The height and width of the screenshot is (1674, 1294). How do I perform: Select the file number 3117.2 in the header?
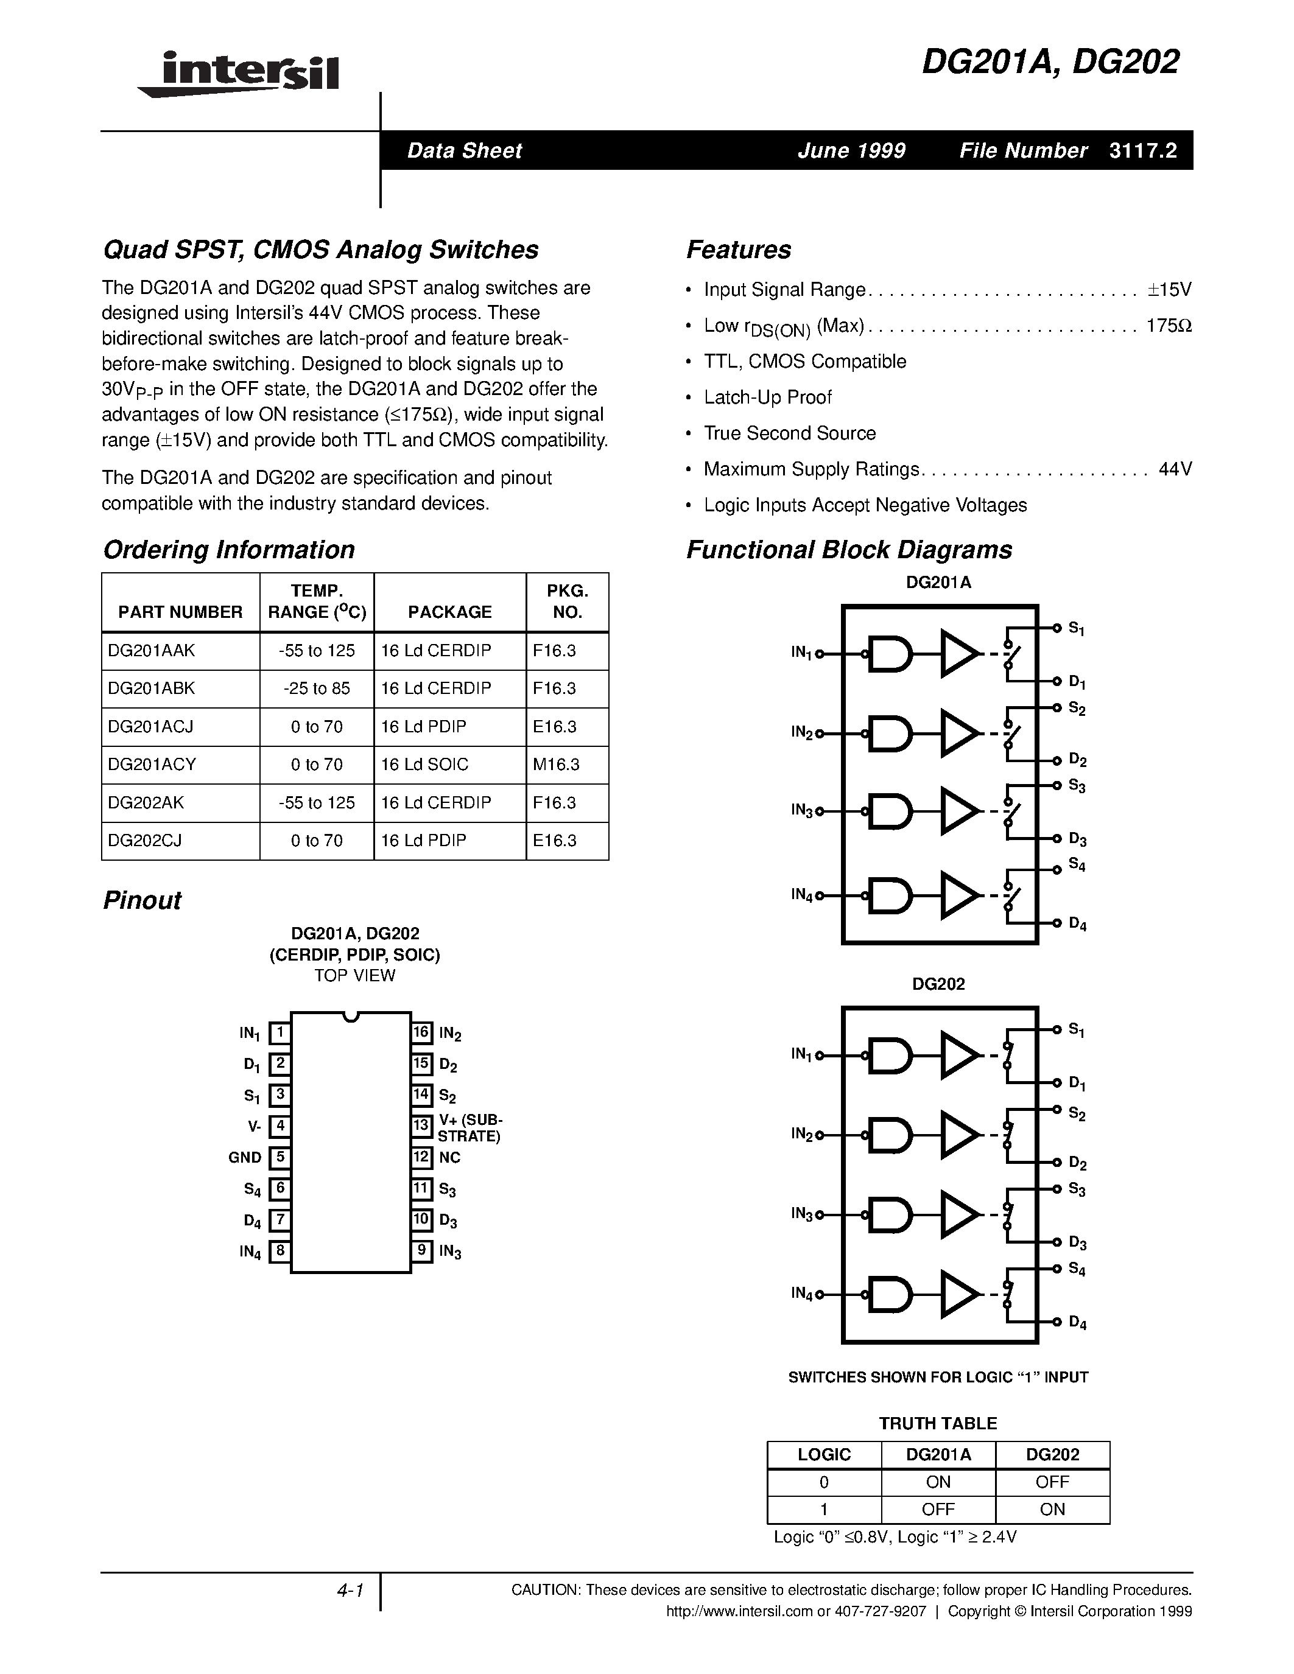point(1142,151)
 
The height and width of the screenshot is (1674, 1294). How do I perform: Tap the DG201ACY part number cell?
point(153,764)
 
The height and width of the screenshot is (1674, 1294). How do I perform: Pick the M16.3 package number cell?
point(557,764)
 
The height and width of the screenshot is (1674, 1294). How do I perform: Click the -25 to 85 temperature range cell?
point(317,688)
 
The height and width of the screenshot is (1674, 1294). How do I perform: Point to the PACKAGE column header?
point(450,612)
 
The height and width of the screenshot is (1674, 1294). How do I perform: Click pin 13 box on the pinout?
point(421,1125)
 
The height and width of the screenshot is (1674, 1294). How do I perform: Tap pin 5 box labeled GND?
point(281,1157)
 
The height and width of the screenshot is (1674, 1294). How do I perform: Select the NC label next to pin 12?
point(450,1157)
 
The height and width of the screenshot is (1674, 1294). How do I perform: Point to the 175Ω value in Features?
point(1169,326)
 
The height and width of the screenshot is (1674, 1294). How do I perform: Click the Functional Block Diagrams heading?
point(849,550)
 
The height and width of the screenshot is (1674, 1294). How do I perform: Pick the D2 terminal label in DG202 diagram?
point(1077,1163)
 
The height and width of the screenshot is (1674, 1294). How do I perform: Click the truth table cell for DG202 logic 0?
point(1052,1482)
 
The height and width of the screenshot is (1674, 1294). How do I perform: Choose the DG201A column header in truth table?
point(938,1454)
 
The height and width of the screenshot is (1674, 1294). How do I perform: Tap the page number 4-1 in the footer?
point(350,1591)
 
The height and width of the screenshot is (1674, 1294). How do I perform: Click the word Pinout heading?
point(142,900)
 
